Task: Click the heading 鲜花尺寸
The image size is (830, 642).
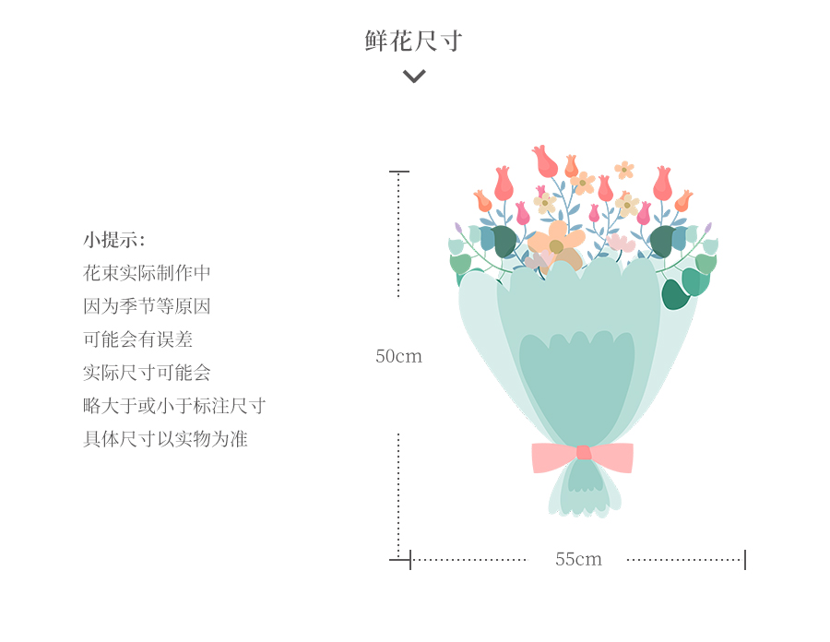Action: coord(414,41)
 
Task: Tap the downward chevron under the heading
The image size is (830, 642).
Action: coord(414,77)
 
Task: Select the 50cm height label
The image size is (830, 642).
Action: coord(398,356)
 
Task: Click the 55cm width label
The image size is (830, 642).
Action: coord(578,559)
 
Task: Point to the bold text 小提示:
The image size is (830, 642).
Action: coord(113,240)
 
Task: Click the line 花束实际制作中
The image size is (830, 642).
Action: coord(147,273)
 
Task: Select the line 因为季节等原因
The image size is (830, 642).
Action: coord(147,306)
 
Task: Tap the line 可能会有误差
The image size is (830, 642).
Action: coord(137,339)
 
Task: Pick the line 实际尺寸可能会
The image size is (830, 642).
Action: coord(147,374)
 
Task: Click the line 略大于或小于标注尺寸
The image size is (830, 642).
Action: coord(174,406)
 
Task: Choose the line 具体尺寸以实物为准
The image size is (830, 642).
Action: coord(165,439)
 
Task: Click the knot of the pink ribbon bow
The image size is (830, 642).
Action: coord(584,453)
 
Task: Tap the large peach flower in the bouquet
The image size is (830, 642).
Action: coord(557,246)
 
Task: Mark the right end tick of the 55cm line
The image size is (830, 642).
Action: coord(745,559)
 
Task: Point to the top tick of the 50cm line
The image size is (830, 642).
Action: coord(399,172)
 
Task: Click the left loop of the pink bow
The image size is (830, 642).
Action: coord(554,458)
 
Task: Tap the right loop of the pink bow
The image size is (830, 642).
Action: coord(612,458)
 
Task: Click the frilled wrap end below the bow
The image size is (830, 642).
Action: coord(585,490)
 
